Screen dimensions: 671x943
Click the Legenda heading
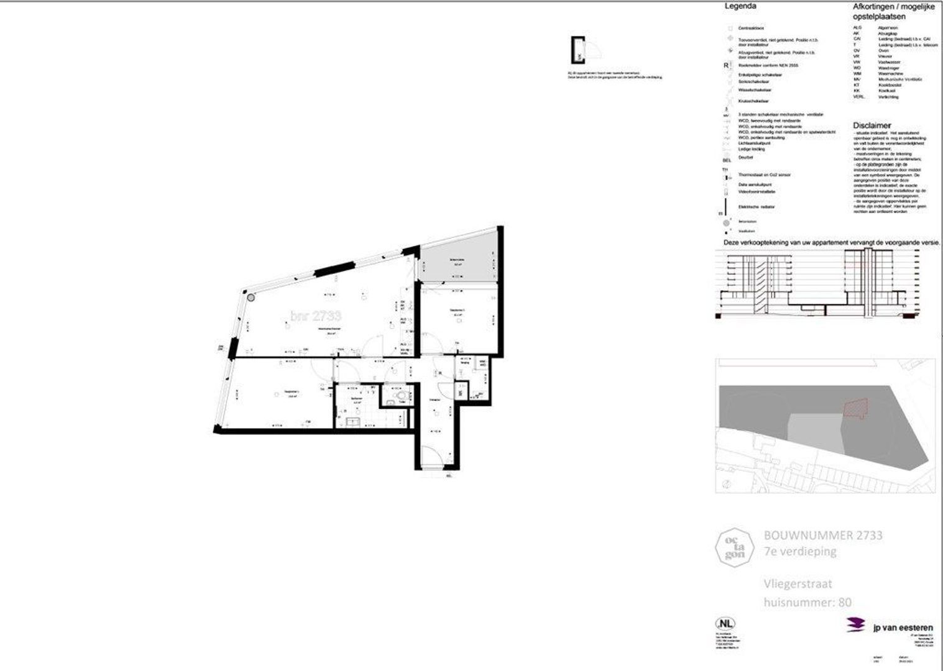point(740,7)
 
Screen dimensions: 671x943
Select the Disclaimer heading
point(871,125)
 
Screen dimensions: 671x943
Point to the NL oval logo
point(724,624)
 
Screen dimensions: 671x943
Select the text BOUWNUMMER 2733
point(822,535)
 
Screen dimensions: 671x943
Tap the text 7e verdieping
point(799,551)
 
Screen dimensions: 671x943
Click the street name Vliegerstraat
point(798,583)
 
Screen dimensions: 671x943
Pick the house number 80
point(843,601)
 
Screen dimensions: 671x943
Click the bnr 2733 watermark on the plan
point(315,316)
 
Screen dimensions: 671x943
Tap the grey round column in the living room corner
point(250,298)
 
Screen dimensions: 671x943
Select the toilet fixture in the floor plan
point(401,395)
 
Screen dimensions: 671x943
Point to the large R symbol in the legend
point(725,65)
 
